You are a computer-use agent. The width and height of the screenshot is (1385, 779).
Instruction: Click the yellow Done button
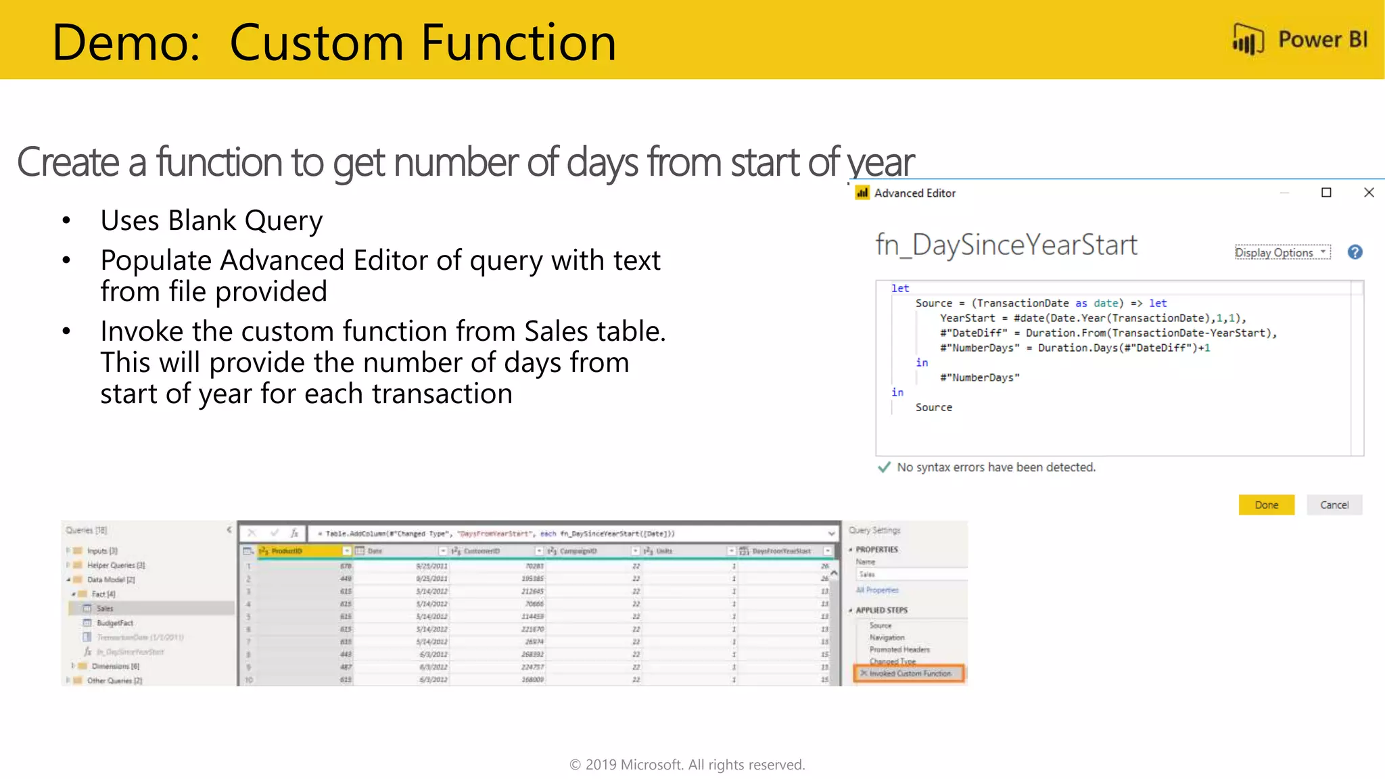(x=1266, y=505)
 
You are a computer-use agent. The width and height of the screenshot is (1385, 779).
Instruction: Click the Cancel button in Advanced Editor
(x=1334, y=505)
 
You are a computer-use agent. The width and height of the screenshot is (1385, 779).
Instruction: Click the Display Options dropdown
(x=1282, y=252)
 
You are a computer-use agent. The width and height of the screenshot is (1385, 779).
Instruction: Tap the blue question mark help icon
(x=1355, y=252)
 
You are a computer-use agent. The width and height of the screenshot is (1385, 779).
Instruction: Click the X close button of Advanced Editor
(x=1369, y=193)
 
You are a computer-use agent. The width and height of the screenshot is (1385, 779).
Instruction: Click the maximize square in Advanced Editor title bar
(x=1326, y=193)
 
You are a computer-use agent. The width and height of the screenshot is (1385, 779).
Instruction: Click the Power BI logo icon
(x=1248, y=39)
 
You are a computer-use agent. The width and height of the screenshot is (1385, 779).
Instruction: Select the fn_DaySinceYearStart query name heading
(x=1006, y=245)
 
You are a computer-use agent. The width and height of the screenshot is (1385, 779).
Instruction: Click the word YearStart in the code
(x=967, y=318)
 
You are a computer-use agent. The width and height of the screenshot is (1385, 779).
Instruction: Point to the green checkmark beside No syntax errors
(x=883, y=467)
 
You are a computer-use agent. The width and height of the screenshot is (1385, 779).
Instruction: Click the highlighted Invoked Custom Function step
(x=910, y=674)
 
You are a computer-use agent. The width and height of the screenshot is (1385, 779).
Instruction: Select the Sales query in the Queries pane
(x=105, y=609)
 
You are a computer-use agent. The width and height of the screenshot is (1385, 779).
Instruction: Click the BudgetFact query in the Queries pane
(x=114, y=623)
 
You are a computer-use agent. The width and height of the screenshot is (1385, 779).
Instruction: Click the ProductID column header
(x=287, y=551)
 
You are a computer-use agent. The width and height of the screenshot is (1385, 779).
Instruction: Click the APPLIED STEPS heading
(x=881, y=610)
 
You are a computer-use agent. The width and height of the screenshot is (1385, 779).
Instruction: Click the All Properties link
(x=877, y=590)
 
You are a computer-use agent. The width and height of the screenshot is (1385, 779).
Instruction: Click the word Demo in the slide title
(x=126, y=43)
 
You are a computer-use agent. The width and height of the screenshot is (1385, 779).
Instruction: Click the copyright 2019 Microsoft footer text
(x=687, y=765)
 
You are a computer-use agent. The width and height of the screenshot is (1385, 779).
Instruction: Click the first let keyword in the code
(x=899, y=289)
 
